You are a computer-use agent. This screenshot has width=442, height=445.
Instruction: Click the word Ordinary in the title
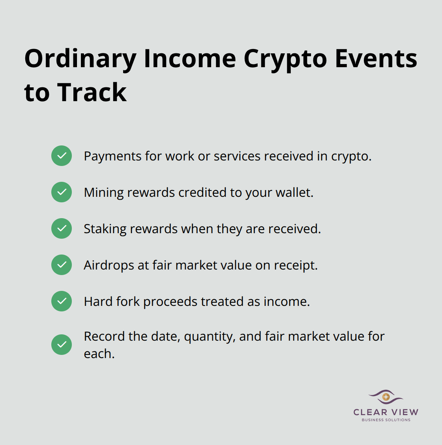pos(80,59)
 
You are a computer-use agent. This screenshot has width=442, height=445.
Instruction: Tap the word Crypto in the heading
pos(285,59)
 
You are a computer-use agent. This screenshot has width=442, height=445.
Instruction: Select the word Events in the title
pos(376,58)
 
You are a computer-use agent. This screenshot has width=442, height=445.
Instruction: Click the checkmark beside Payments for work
pos(62,156)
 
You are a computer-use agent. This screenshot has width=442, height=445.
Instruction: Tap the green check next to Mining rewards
pos(62,192)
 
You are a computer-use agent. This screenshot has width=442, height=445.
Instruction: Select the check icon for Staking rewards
pos(62,228)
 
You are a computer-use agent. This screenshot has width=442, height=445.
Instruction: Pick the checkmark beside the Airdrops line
pos(62,265)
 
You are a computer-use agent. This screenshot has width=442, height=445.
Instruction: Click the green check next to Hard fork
pos(62,301)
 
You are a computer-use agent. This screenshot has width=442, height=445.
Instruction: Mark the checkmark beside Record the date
pos(62,345)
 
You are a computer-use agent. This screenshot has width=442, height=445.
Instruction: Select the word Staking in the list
pos(105,229)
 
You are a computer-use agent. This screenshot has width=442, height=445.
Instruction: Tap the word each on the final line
pos(99,354)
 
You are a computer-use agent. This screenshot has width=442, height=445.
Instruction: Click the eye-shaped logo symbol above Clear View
pos(386,397)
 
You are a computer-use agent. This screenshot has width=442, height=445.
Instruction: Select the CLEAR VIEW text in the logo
pos(386,412)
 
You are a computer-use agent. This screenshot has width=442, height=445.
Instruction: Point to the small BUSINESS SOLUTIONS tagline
pos(386,420)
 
